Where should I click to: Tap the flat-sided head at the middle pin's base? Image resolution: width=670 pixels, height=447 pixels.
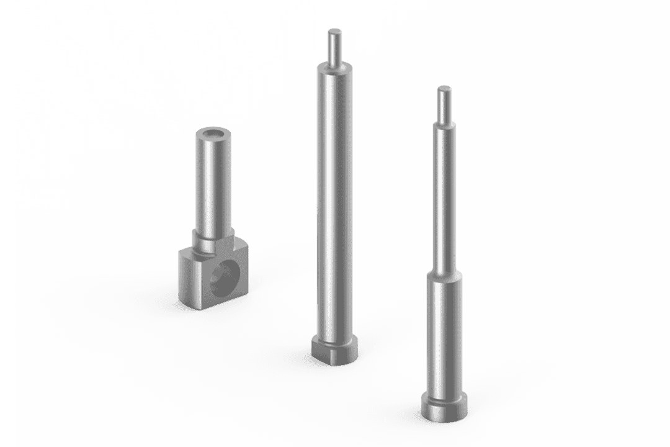(335, 351)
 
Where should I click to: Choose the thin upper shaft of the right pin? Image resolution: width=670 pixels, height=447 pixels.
(444, 199)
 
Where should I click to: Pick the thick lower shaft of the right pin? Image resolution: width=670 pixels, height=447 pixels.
(444, 335)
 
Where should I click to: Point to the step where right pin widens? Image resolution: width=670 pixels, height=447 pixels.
(444, 274)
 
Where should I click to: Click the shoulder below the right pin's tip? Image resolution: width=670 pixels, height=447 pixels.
(444, 122)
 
